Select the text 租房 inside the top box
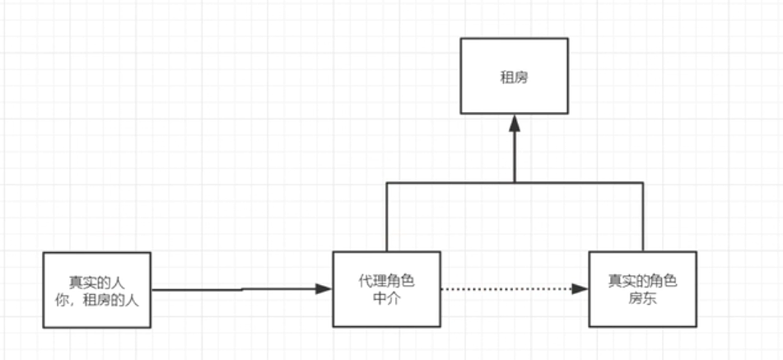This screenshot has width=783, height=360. point(514,78)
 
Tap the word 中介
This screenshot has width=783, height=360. point(386,298)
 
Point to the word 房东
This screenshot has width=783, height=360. point(642,298)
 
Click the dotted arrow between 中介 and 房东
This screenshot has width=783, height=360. point(506,289)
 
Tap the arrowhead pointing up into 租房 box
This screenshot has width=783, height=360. point(514,123)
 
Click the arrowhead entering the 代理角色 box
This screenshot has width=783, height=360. point(324,288)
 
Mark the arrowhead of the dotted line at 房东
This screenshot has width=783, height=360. point(580,289)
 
